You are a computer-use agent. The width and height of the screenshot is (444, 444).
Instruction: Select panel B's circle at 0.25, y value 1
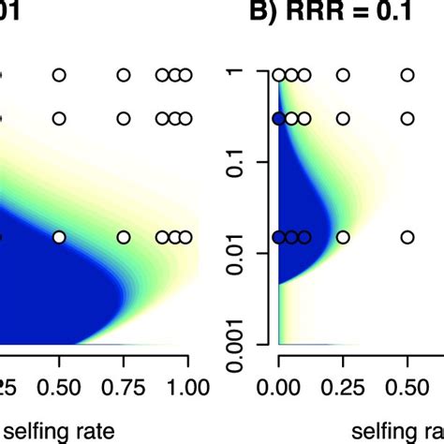[x=343, y=75]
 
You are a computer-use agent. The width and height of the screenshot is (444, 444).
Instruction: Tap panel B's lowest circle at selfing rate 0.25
[x=343, y=237]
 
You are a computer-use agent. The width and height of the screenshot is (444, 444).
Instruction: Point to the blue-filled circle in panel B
[x=278, y=119]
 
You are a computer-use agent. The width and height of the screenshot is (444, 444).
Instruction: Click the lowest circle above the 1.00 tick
[x=185, y=237]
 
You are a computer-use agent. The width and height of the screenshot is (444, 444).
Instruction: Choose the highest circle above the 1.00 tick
[x=185, y=75]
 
